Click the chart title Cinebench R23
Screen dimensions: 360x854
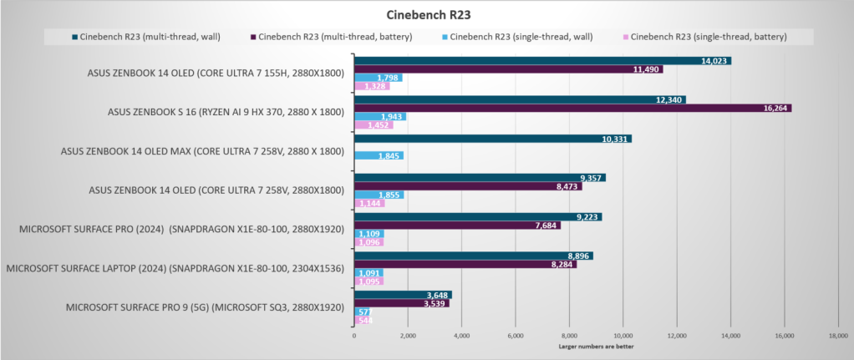(426, 14)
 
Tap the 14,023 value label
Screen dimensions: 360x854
(715, 60)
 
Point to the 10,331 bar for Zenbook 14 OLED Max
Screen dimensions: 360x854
(492, 139)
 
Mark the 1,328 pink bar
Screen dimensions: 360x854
(367, 86)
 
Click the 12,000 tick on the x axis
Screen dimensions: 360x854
(677, 336)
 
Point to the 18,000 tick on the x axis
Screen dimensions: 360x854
(837, 336)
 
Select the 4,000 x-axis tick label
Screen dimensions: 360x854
(461, 336)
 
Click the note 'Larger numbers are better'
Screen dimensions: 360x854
(595, 346)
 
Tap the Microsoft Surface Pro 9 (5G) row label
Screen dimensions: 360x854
(205, 307)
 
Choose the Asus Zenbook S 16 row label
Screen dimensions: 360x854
(226, 112)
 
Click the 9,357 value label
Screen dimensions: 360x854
(590, 177)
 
